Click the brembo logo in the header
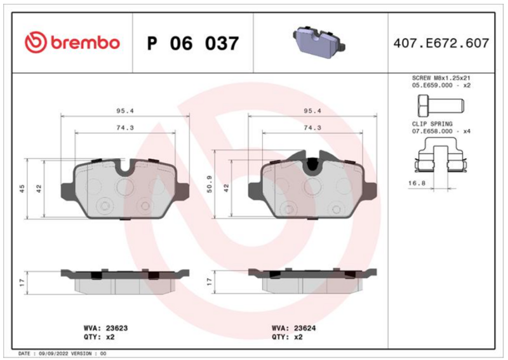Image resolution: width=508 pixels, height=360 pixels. click(72, 43)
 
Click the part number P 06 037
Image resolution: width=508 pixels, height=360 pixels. click(193, 43)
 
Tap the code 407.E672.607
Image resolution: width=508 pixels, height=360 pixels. click(441, 43)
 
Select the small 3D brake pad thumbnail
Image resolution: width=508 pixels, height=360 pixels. click(319, 42)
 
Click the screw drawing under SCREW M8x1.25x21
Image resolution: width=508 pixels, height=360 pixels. click(441, 106)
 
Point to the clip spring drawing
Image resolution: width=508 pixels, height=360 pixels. click(441, 155)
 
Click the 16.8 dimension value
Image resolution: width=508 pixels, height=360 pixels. click(417, 183)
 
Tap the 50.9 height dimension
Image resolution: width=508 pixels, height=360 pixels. click(210, 184)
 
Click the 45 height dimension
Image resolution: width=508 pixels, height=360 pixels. click(22, 189)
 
